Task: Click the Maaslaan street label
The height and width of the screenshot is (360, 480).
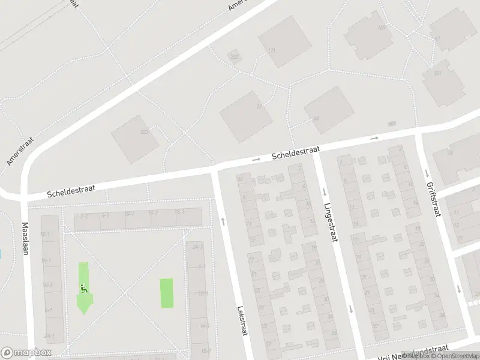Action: pos(25,239)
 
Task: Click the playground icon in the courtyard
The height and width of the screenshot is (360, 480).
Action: pos(83,288)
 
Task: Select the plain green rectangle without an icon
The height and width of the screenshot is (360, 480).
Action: pos(166,293)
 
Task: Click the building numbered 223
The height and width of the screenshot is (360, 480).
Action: pos(135,138)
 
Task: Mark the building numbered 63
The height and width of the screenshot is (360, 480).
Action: pos(328,109)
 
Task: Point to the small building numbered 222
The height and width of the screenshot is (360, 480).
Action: pos(234,57)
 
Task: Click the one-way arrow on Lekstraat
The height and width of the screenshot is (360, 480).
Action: pos(223,221)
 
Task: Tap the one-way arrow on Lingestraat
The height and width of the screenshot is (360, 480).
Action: pos(324,193)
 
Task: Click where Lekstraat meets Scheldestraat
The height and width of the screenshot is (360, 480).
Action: pos(215,170)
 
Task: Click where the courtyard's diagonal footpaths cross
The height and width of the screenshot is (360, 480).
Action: pos(125,293)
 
